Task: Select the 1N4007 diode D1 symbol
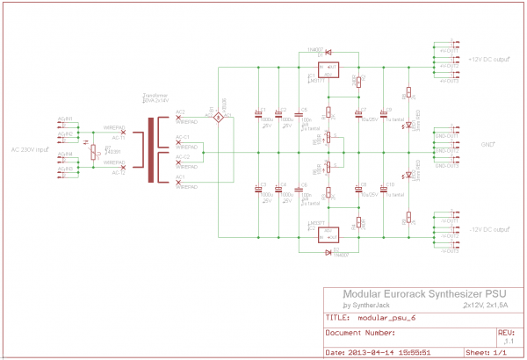click(x=328, y=53)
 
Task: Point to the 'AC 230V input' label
click(x=32, y=149)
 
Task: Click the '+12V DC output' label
click(x=489, y=60)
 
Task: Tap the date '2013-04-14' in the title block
click(x=365, y=353)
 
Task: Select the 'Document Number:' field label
click(x=360, y=334)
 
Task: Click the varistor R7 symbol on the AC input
click(x=94, y=150)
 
